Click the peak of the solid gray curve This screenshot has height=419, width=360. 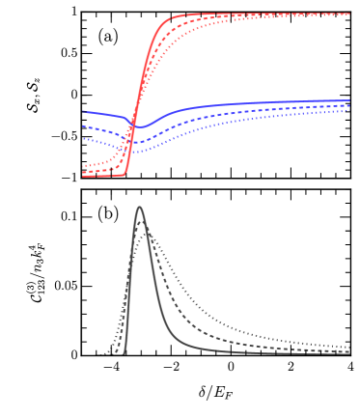139,207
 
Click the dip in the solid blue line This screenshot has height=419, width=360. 139,126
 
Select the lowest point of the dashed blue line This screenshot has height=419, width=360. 135,143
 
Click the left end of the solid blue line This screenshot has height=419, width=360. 83,111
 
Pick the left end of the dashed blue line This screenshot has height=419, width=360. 83,126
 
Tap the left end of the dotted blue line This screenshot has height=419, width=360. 83,139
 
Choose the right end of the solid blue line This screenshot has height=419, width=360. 349,100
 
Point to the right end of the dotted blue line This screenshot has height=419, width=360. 349,110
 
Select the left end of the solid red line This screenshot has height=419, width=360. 83,176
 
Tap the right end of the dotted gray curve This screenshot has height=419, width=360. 349,346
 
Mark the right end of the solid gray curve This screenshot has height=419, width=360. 349,353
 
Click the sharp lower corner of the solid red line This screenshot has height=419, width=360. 125,174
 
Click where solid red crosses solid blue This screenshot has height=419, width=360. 133,124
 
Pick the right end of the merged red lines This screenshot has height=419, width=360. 349,14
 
